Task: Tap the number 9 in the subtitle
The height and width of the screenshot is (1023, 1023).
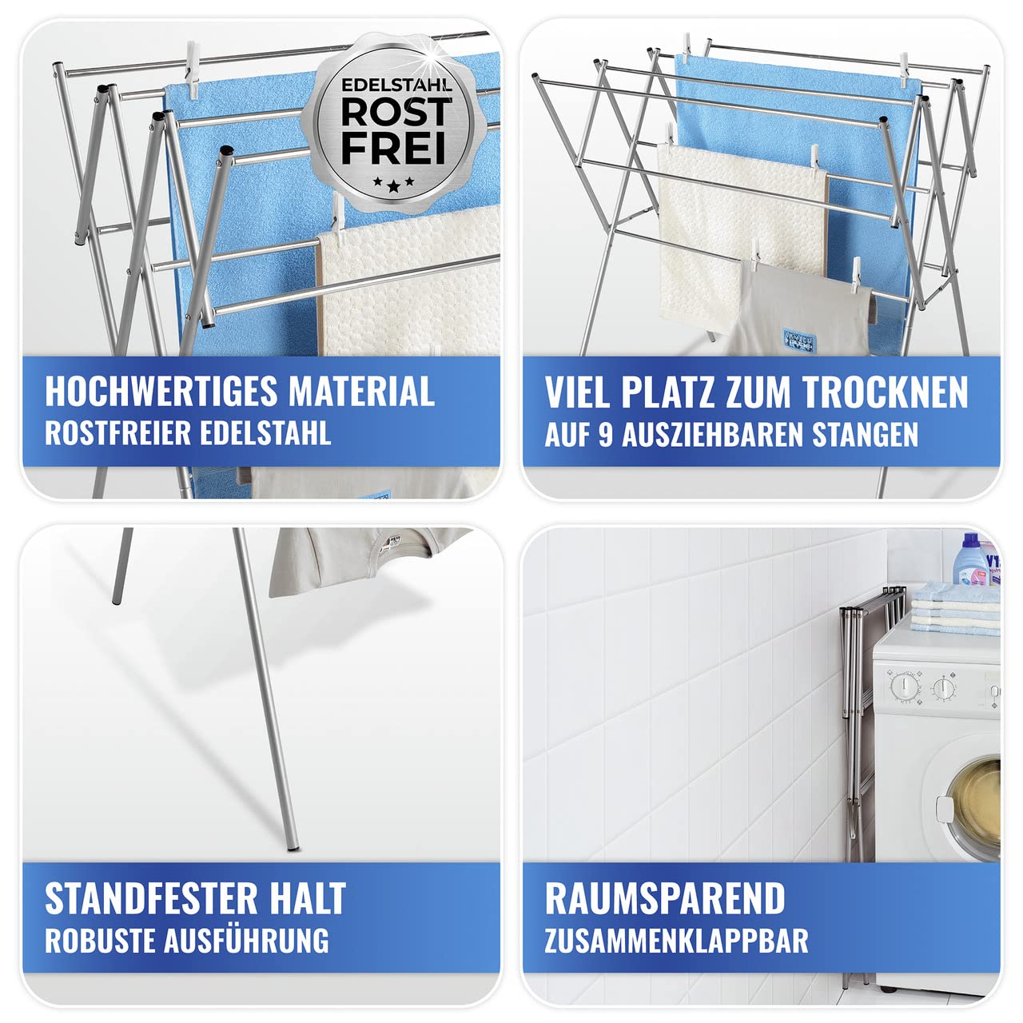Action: (605, 435)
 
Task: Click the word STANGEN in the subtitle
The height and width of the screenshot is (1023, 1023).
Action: (865, 435)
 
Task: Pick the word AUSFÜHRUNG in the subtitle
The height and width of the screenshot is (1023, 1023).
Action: (246, 941)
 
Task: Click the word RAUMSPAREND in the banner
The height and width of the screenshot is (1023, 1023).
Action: (665, 898)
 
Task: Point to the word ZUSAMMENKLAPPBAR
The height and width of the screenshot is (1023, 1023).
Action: (676, 941)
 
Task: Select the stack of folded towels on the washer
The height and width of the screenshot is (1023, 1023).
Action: (955, 607)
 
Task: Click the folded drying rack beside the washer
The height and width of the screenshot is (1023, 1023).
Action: (859, 719)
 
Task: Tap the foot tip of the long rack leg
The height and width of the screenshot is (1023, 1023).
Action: (293, 842)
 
